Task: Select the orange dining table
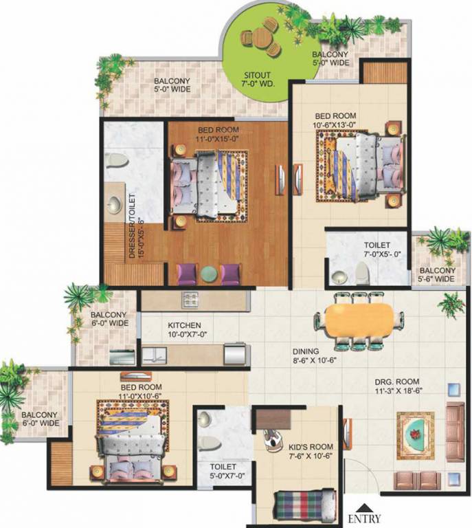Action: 359,321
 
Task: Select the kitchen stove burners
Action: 190,300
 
